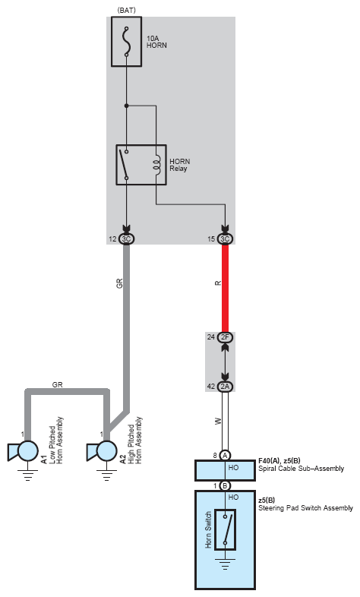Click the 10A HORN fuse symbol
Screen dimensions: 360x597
pos(126,42)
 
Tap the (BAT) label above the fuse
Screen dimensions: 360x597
pos(127,11)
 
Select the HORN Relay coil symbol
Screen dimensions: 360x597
pos(156,165)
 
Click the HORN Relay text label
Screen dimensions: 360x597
pos(179,165)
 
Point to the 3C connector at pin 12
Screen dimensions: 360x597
pos(126,239)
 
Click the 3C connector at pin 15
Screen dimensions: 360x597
pos(225,239)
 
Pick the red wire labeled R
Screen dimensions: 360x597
pos(225,288)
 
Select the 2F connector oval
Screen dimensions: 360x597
pos(225,337)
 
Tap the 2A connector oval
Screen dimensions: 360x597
pos(225,387)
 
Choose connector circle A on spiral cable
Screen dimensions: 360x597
pos(225,456)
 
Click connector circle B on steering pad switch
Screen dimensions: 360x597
pos(225,486)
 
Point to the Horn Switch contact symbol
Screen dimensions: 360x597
pos(225,529)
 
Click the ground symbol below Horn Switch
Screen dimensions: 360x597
pos(225,564)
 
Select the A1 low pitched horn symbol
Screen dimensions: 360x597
pos(24,452)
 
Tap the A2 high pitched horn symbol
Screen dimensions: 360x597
pos(102,452)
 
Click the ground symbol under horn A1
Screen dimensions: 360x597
pos(28,475)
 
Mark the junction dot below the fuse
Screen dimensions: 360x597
pos(126,106)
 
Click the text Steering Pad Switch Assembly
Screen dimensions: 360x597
pos(305,508)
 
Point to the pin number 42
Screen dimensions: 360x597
pos(211,387)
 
